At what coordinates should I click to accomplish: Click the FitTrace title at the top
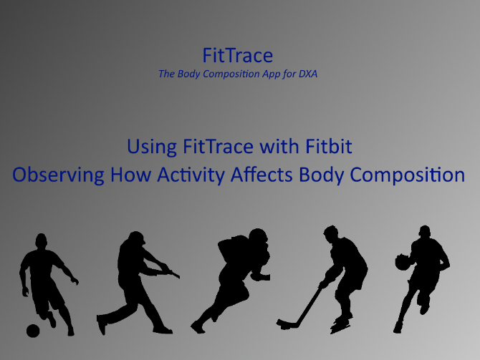(238, 55)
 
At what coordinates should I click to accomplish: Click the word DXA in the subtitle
(308, 74)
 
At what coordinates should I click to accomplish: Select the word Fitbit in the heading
(328, 146)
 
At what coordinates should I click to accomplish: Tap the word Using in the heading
(152, 147)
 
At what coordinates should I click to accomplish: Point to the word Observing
(58, 175)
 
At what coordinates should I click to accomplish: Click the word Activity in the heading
(191, 175)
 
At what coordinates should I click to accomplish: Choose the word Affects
(261, 175)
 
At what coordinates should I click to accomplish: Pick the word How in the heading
(130, 175)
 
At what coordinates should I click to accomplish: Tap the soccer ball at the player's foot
(33, 331)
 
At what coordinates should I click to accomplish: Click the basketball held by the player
(402, 262)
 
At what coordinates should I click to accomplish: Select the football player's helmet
(258, 237)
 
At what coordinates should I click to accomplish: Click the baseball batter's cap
(137, 236)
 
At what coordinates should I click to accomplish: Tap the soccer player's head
(42, 241)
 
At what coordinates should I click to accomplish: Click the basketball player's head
(425, 232)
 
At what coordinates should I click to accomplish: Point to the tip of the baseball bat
(178, 276)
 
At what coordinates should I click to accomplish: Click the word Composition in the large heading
(407, 175)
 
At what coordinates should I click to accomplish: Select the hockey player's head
(331, 233)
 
